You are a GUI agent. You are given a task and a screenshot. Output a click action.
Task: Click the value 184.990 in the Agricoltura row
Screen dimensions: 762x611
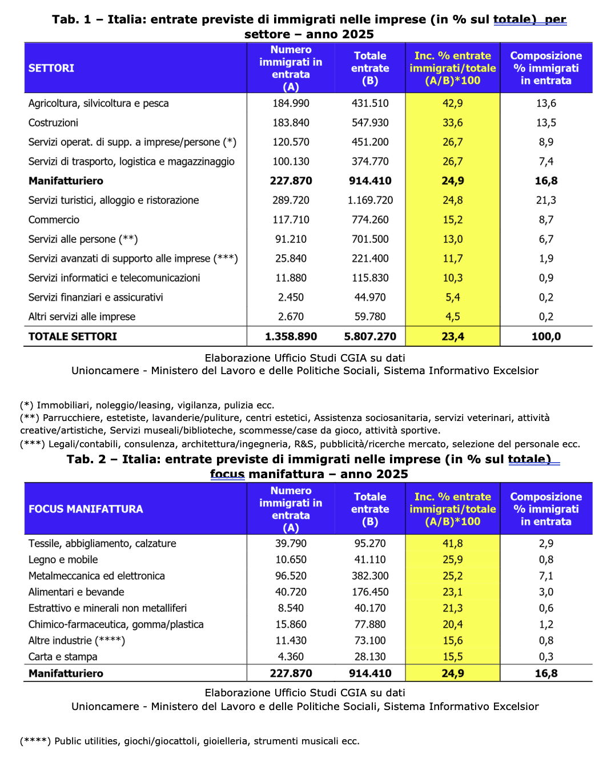click(291, 103)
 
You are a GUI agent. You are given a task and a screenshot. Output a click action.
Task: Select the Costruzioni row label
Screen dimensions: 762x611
click(53, 123)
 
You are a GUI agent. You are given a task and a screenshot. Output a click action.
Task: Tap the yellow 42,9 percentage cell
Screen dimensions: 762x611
click(452, 103)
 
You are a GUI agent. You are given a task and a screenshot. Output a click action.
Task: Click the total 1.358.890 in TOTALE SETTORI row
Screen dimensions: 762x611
click(291, 336)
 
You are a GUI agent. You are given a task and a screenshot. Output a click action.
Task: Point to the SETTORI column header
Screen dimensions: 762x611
click(51, 68)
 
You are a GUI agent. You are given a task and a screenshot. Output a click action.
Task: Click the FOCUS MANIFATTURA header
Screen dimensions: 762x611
click(86, 509)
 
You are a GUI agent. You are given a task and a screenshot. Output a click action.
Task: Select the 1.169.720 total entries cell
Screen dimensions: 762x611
click(370, 200)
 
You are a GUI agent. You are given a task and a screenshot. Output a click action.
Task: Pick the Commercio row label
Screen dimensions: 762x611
click(54, 220)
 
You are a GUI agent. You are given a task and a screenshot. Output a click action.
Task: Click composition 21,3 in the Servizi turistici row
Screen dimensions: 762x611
click(546, 200)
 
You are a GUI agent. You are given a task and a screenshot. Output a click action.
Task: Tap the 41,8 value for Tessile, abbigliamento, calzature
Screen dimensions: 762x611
click(452, 543)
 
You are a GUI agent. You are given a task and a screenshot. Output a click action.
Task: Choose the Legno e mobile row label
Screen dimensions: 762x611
click(63, 560)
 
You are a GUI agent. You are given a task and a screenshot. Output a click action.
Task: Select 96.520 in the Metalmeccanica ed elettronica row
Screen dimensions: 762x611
click(291, 576)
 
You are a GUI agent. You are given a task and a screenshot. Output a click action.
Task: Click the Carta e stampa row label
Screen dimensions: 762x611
click(63, 657)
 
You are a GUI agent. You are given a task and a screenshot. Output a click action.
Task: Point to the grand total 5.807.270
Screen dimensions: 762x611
click(370, 336)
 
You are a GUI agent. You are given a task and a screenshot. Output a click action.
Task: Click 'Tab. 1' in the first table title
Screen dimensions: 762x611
click(71, 19)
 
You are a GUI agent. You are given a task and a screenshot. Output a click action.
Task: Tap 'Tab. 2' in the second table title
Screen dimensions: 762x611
click(86, 459)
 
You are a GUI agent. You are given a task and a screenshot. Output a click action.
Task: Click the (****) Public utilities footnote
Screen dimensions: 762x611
click(190, 741)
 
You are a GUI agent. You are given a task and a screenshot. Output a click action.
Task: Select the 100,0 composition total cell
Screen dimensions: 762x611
click(546, 336)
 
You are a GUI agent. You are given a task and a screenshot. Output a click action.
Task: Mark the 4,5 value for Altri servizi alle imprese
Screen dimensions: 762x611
click(452, 317)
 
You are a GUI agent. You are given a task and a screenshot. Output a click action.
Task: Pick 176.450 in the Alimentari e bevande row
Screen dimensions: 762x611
click(370, 592)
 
